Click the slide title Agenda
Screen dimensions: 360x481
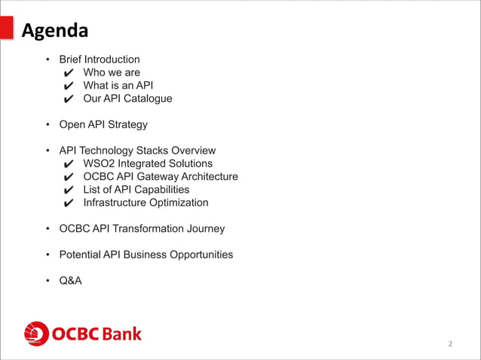[54, 31]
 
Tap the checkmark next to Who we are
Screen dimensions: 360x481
[69, 73]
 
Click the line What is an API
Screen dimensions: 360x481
[118, 86]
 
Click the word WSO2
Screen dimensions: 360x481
[98, 163]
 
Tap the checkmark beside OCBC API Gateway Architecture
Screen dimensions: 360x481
[69, 177]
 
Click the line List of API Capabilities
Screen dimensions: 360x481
[136, 190]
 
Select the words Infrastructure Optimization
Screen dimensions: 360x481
[146, 203]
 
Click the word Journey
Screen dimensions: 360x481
[203, 228]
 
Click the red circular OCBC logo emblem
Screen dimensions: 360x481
[36, 334]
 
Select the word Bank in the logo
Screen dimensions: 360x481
[121, 334]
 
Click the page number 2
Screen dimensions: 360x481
[450, 344]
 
